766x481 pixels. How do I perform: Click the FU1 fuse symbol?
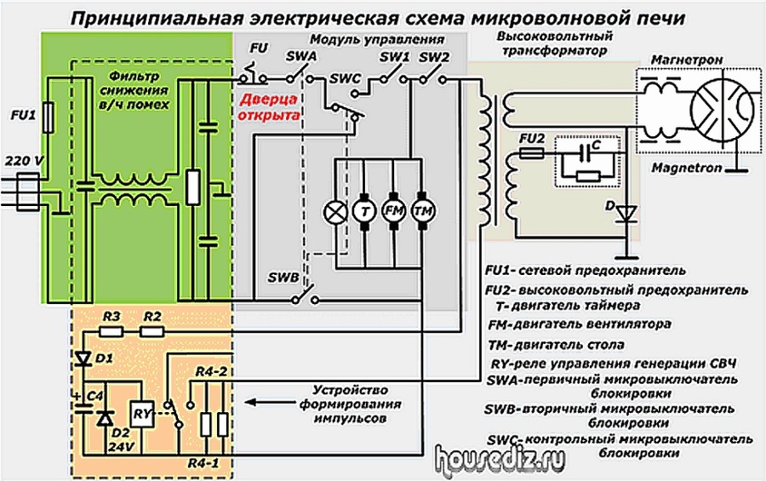tap(48, 117)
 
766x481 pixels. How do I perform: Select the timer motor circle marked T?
tap(364, 211)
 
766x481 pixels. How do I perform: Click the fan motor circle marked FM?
tap(394, 210)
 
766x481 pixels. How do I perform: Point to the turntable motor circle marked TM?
tap(423, 210)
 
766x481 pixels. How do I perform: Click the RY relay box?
tap(142, 415)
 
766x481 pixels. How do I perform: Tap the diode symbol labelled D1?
tap(83, 359)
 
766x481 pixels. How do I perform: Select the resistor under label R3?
tap(111, 332)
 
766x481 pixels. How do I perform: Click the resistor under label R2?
tap(152, 332)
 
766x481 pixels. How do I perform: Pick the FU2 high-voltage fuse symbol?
tap(531, 154)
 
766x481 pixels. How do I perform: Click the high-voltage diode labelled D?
tap(626, 214)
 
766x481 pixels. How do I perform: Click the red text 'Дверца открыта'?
tap(268, 107)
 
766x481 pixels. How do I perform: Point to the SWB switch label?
tap(283, 278)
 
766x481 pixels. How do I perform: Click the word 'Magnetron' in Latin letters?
tap(687, 169)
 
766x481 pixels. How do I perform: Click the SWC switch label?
tap(346, 78)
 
